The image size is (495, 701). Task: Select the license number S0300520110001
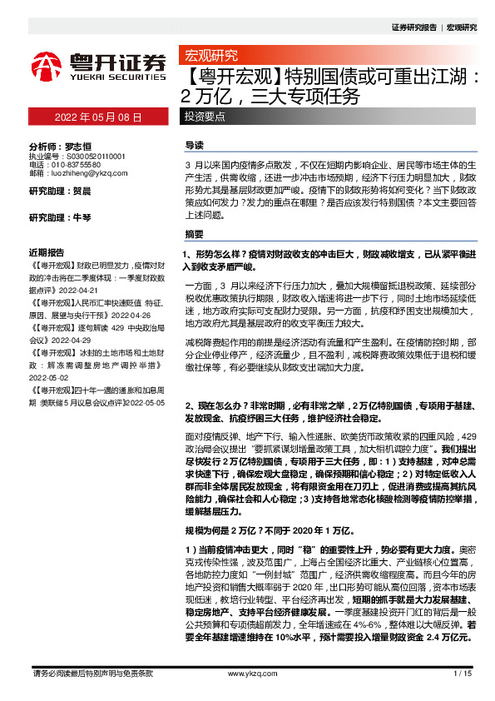tap(89, 156)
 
